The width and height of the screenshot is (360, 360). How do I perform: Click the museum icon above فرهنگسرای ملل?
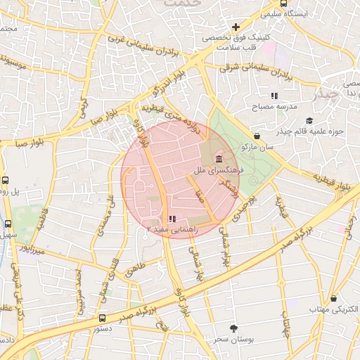220,158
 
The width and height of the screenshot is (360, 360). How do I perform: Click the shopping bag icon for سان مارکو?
257,136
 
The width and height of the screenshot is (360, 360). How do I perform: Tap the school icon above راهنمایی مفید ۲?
172,219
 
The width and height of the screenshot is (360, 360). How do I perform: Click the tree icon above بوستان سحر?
233,328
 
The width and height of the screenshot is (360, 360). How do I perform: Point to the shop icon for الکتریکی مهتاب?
333,298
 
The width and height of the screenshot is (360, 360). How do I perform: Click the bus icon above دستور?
103,318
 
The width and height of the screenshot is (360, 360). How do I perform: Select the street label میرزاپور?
32,249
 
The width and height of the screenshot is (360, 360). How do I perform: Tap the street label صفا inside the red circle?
200,191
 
